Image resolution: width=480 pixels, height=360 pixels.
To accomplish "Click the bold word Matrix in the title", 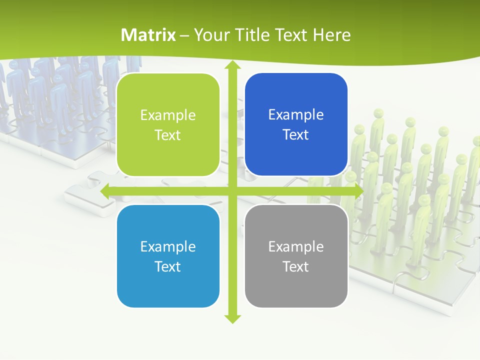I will click(x=148, y=35).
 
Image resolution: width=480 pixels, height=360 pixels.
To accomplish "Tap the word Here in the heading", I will click(x=331, y=35).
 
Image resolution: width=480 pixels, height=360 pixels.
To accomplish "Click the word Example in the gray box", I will click(x=296, y=246).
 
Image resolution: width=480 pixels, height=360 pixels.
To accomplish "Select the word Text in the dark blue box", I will click(x=296, y=135).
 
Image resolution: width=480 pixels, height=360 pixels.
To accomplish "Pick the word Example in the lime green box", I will click(x=168, y=115).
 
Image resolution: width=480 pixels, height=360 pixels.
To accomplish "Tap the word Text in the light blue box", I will click(x=168, y=266).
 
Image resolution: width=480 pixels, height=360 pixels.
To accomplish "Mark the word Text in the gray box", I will click(x=296, y=266).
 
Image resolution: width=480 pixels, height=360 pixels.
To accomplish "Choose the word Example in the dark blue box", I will click(x=296, y=114).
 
